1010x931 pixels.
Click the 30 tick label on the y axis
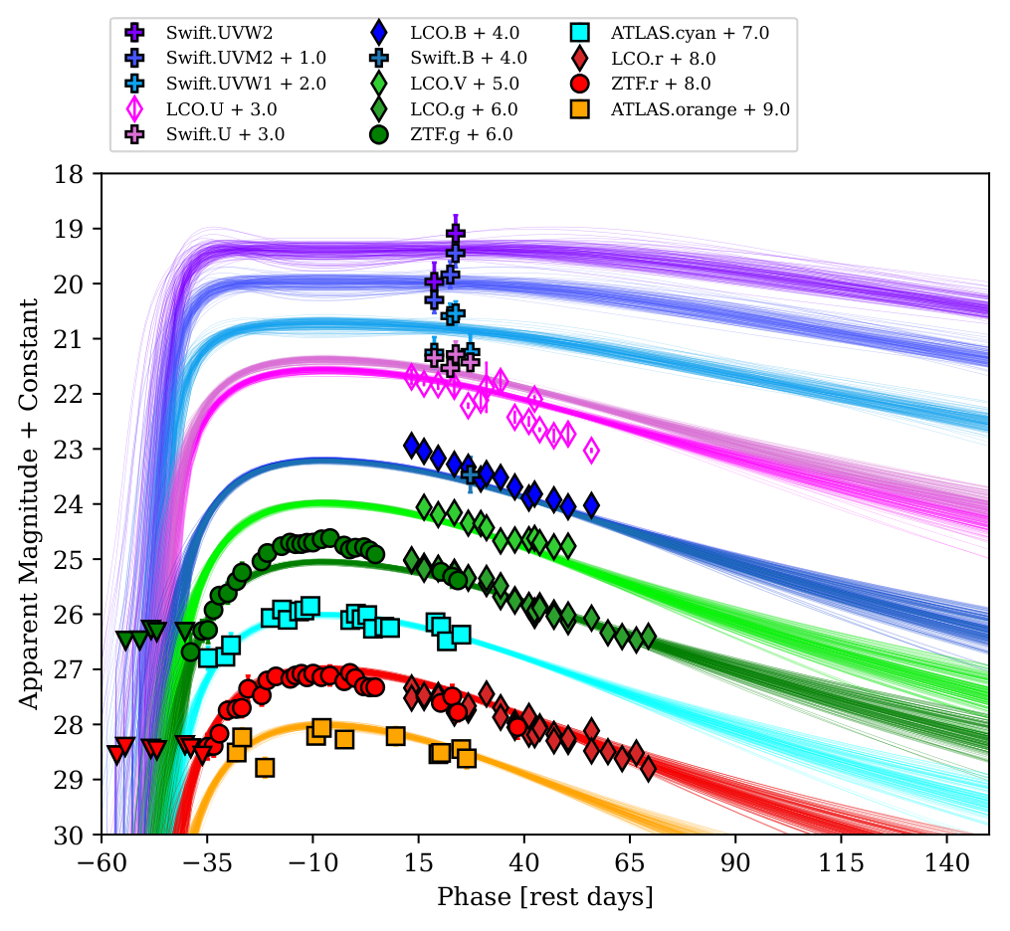click(x=80, y=835)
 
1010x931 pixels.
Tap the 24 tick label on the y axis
click(x=80, y=504)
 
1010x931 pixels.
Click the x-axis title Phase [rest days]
click(x=545, y=897)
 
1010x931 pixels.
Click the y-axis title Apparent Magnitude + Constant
click(x=29, y=504)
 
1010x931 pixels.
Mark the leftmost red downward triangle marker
click(x=116, y=754)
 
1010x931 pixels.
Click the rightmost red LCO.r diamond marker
click(x=648, y=768)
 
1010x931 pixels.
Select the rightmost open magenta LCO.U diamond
click(x=591, y=450)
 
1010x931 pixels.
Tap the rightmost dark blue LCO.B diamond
click(x=591, y=504)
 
